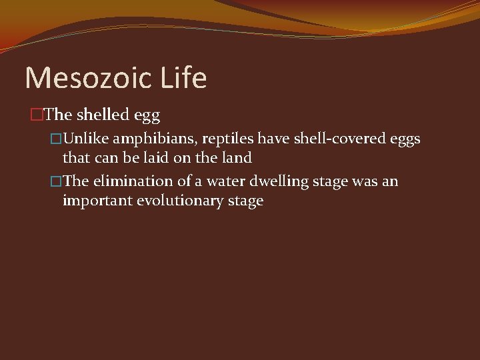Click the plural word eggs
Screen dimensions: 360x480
tap(405, 140)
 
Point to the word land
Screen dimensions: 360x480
tap(235, 158)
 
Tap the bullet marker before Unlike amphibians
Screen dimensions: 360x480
tap(56, 139)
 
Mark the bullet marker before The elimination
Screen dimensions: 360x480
tap(56, 182)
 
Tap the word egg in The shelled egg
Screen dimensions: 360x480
tap(147, 116)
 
